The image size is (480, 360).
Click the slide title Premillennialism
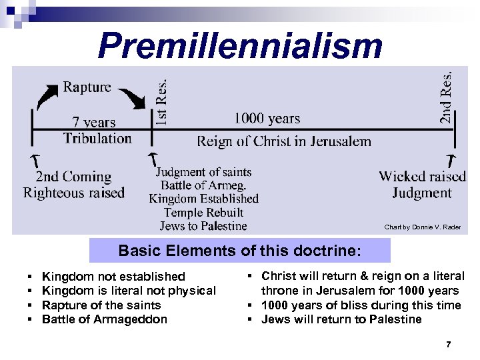click(x=240, y=47)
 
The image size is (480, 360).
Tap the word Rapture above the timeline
click(x=87, y=87)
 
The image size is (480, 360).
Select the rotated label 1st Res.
click(x=162, y=100)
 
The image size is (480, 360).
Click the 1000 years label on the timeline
click(x=267, y=119)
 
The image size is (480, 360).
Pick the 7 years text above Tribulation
click(x=94, y=122)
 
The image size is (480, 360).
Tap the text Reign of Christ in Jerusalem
click(x=283, y=141)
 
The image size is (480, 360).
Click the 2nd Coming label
click(x=73, y=177)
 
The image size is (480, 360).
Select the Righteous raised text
click(x=74, y=193)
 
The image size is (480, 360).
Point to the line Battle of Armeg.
click(x=204, y=185)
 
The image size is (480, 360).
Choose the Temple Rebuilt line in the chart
click(x=203, y=213)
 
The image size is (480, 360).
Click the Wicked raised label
click(x=422, y=177)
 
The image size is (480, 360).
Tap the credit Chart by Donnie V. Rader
click(x=422, y=227)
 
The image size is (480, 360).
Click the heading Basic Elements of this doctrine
click(x=240, y=251)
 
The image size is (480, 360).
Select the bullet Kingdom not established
click(x=113, y=276)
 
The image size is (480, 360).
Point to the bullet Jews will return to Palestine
click(x=341, y=319)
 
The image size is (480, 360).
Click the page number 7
click(x=448, y=344)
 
